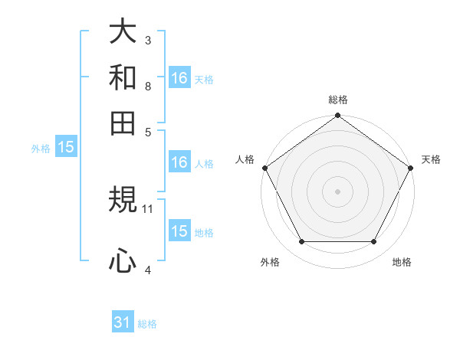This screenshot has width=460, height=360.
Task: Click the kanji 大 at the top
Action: click(x=123, y=32)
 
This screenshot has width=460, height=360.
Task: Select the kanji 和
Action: click(x=123, y=77)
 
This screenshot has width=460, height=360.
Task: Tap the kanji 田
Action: click(x=123, y=123)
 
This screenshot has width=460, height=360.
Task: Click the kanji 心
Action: click(x=123, y=261)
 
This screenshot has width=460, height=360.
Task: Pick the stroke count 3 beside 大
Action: click(x=148, y=40)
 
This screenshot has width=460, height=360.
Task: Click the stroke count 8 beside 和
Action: click(x=148, y=86)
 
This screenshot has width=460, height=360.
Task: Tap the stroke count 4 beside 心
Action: click(x=148, y=270)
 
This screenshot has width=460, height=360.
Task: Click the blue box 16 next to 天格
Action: click(x=179, y=77)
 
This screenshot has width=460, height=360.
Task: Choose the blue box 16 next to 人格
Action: click(x=179, y=162)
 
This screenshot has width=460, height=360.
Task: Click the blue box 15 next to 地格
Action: click(x=179, y=231)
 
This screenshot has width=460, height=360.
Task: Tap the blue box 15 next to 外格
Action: click(x=65, y=147)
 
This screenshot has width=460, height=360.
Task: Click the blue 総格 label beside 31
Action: click(x=147, y=324)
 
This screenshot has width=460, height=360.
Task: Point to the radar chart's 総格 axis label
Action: click(x=337, y=100)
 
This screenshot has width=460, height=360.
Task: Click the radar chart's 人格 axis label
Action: click(x=246, y=159)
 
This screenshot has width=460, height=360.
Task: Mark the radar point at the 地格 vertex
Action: click(x=374, y=242)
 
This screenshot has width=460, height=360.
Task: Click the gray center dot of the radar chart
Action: click(x=337, y=191)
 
